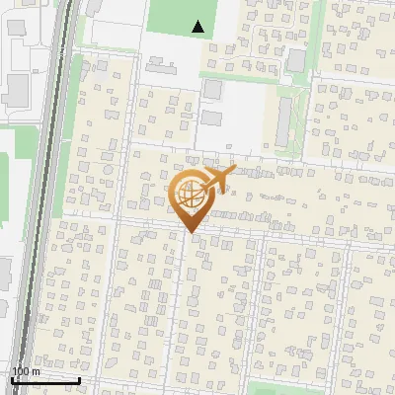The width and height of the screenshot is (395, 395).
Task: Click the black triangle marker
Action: pos(199,28)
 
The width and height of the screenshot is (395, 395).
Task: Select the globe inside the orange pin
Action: pos(189,197)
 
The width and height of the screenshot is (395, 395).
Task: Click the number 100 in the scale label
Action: pos(20,371)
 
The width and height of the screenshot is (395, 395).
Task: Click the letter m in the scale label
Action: pos(36,371)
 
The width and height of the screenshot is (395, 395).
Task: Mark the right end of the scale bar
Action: pos(80,380)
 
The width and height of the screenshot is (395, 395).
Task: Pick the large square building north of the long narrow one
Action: pos(296,59)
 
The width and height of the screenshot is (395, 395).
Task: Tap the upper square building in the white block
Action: pos(212,90)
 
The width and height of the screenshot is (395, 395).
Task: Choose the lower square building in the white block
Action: pos(212,118)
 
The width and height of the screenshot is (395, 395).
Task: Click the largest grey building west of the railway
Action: pos(17,90)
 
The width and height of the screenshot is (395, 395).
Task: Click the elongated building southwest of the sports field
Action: pos(158,68)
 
